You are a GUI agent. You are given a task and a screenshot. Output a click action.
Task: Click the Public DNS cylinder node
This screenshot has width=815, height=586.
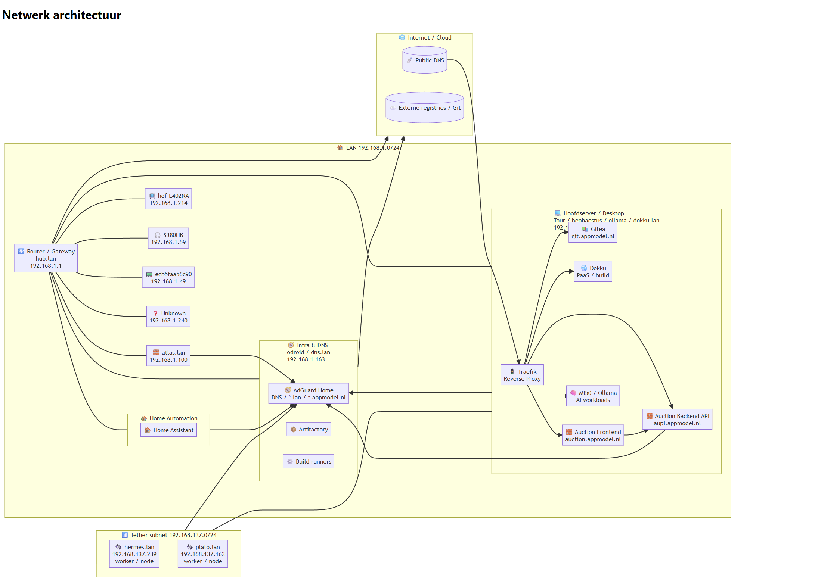point(425,60)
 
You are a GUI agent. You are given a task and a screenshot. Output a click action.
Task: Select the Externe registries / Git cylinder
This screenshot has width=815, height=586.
point(425,107)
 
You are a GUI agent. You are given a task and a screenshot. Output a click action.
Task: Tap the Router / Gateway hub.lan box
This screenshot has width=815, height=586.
point(46,258)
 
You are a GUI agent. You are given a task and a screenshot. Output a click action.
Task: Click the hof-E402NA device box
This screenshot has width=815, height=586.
point(168,199)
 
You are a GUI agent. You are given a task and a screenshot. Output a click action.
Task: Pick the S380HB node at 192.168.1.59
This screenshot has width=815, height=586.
point(168,238)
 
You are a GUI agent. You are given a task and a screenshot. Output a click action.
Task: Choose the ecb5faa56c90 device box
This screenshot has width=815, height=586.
point(168,277)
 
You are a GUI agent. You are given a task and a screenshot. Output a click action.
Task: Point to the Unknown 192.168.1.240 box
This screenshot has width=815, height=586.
point(168,317)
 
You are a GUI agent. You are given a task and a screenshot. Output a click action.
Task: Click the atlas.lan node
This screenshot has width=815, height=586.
point(168,356)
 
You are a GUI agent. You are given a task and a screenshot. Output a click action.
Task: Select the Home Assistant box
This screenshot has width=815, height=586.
point(169,430)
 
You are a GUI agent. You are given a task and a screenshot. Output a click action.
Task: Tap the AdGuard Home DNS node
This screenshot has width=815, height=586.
point(309,393)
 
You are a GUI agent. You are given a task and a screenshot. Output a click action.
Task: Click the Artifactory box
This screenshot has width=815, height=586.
point(309,429)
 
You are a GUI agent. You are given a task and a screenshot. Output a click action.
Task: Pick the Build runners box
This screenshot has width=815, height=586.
point(309,461)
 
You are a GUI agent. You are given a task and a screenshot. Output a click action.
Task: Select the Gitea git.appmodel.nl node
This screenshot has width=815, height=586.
point(593,233)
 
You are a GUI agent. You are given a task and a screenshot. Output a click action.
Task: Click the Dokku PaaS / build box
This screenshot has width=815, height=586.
point(593,271)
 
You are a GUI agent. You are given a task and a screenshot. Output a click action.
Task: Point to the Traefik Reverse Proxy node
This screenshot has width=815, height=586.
point(522,375)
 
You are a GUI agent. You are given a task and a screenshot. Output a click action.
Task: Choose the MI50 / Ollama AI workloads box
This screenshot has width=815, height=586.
point(593,396)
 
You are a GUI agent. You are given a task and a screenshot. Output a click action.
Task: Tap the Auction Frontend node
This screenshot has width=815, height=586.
point(593,435)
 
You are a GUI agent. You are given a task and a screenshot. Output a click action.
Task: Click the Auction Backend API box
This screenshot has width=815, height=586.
point(677,419)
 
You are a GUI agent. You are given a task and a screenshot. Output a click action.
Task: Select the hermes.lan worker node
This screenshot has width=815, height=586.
point(134,554)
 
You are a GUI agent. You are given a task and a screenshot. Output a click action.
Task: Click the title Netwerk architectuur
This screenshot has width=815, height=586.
point(62,15)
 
